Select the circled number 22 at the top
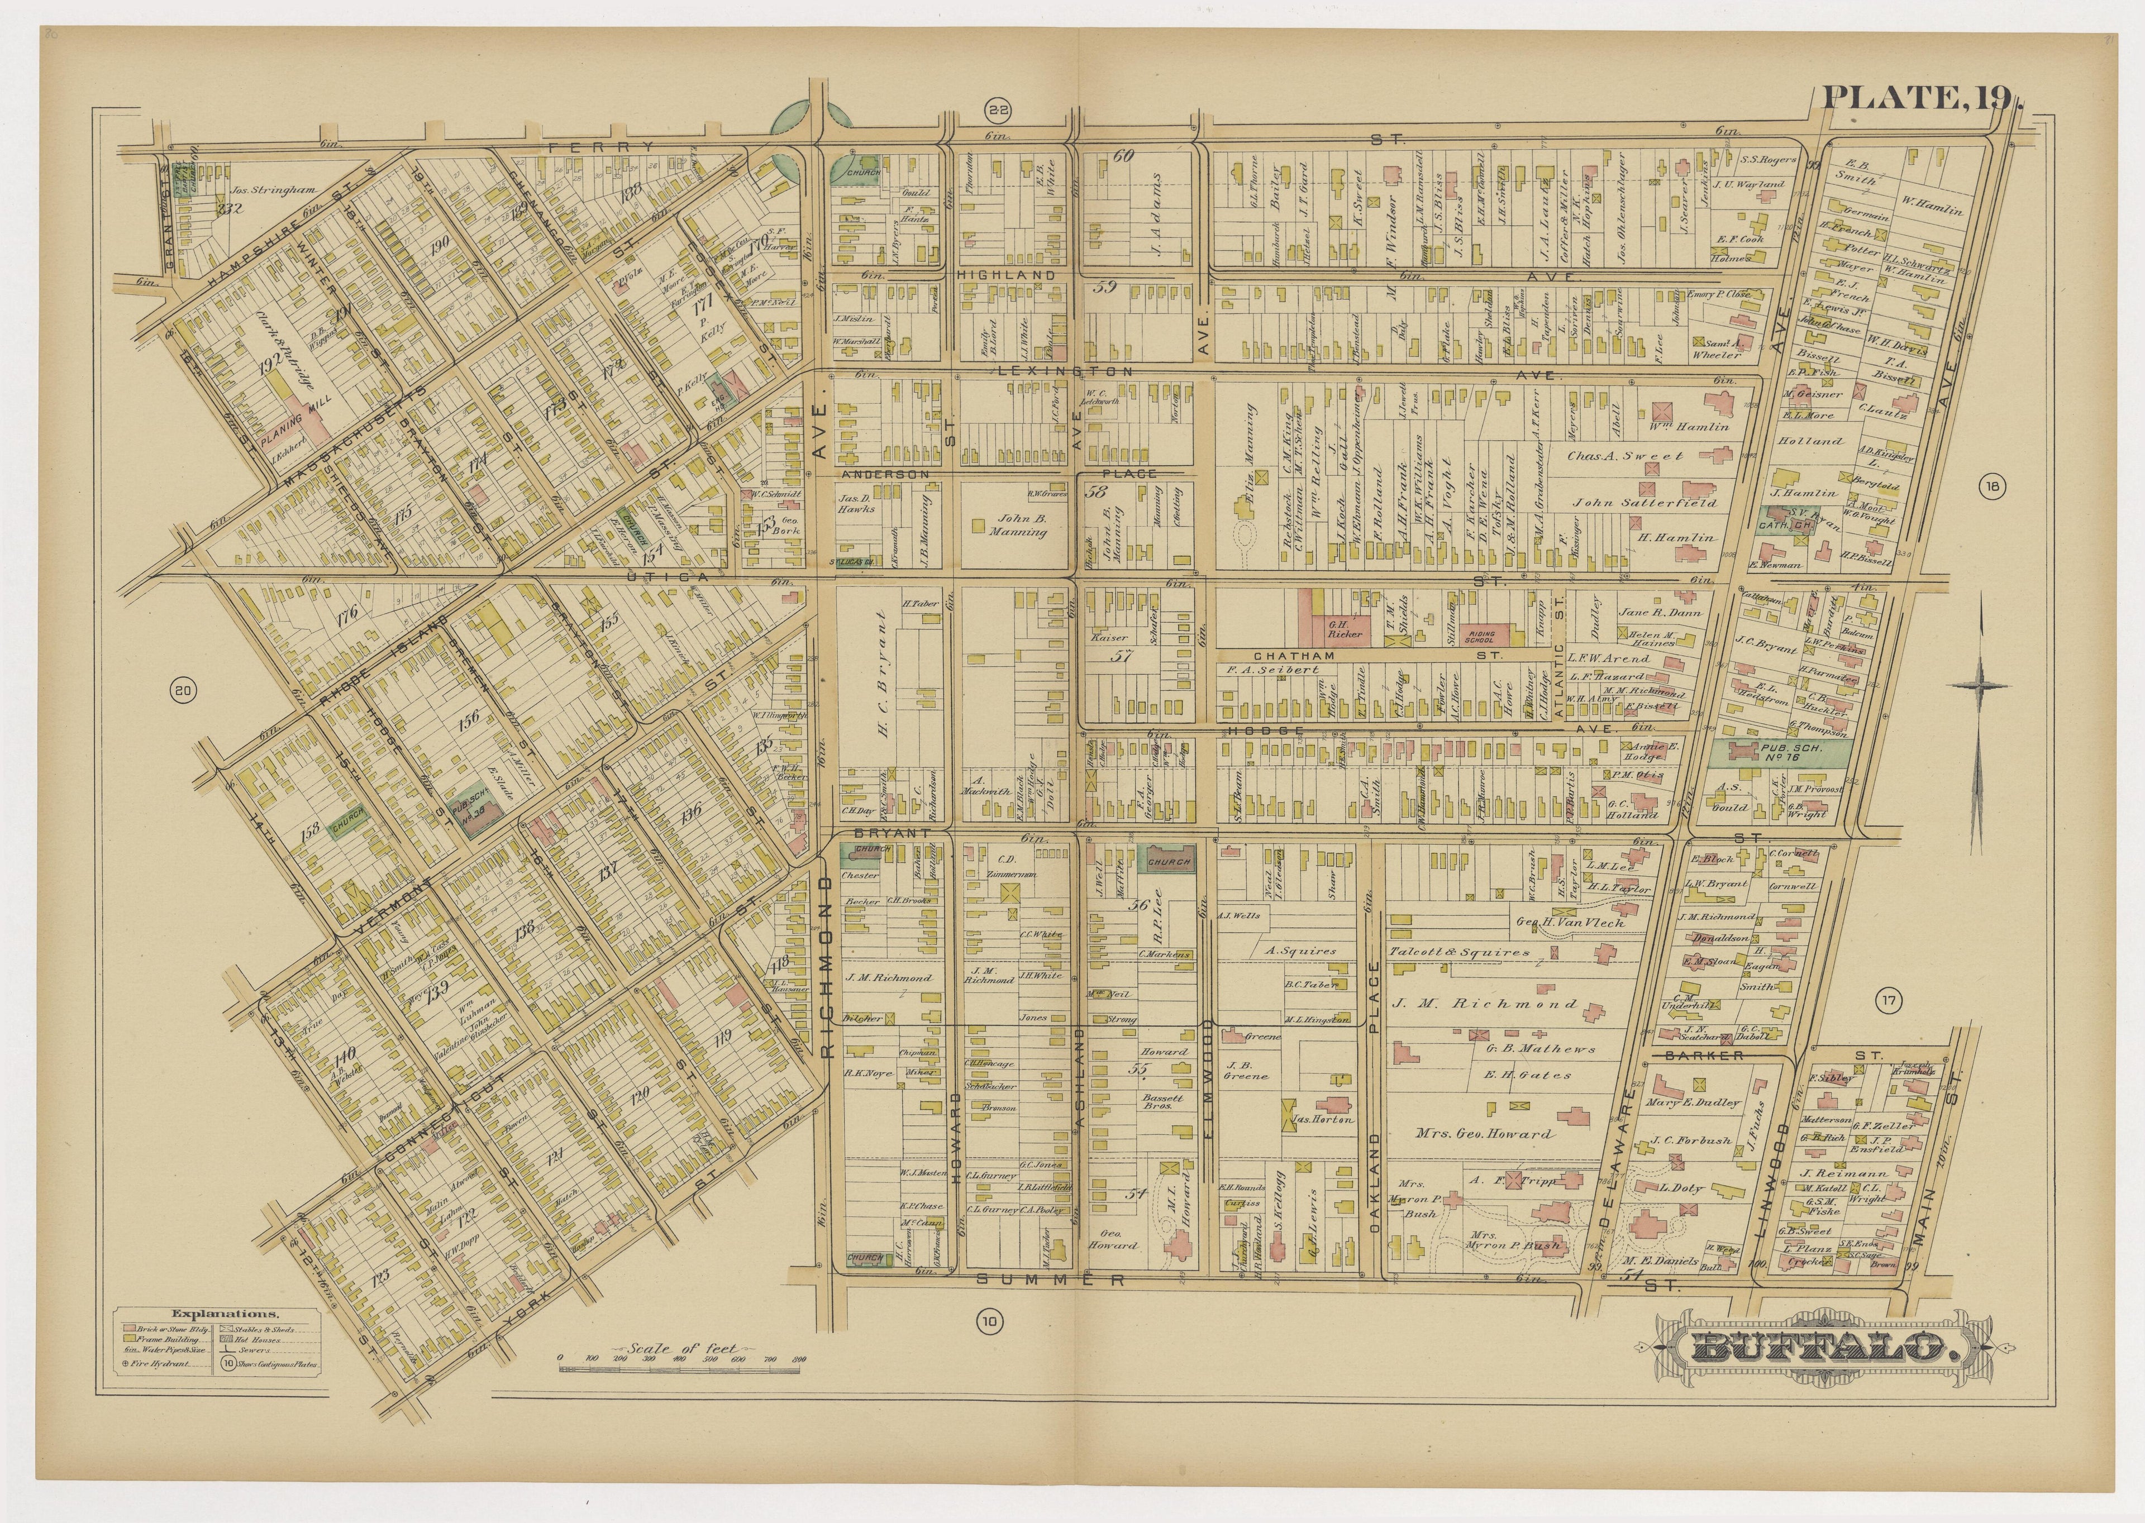(998, 112)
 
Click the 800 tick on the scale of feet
(799, 1358)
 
